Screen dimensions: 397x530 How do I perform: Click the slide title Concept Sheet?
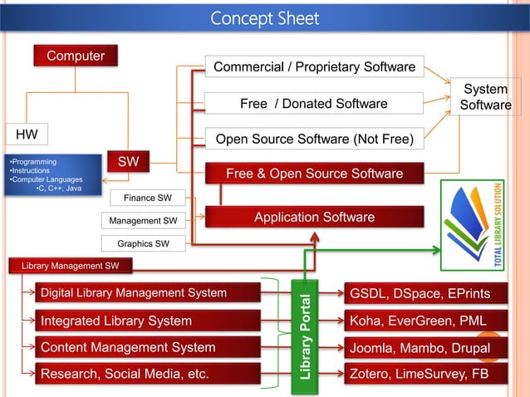264,17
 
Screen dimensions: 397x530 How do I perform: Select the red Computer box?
75,56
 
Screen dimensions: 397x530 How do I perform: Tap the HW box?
27,134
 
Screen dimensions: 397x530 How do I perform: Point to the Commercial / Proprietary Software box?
314,66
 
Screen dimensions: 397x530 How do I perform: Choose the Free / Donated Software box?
314,104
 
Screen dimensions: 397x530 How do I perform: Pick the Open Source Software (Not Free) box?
314,139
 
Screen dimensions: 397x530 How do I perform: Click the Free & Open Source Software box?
314,174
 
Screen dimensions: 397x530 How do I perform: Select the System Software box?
486,97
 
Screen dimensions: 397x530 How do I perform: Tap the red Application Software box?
314,217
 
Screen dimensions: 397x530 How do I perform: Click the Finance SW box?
148,198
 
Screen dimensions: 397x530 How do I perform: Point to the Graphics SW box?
143,243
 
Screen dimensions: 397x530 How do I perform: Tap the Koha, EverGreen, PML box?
417,321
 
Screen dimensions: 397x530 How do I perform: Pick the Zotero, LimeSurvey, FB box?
417,375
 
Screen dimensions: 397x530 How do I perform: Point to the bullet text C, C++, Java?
58,189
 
